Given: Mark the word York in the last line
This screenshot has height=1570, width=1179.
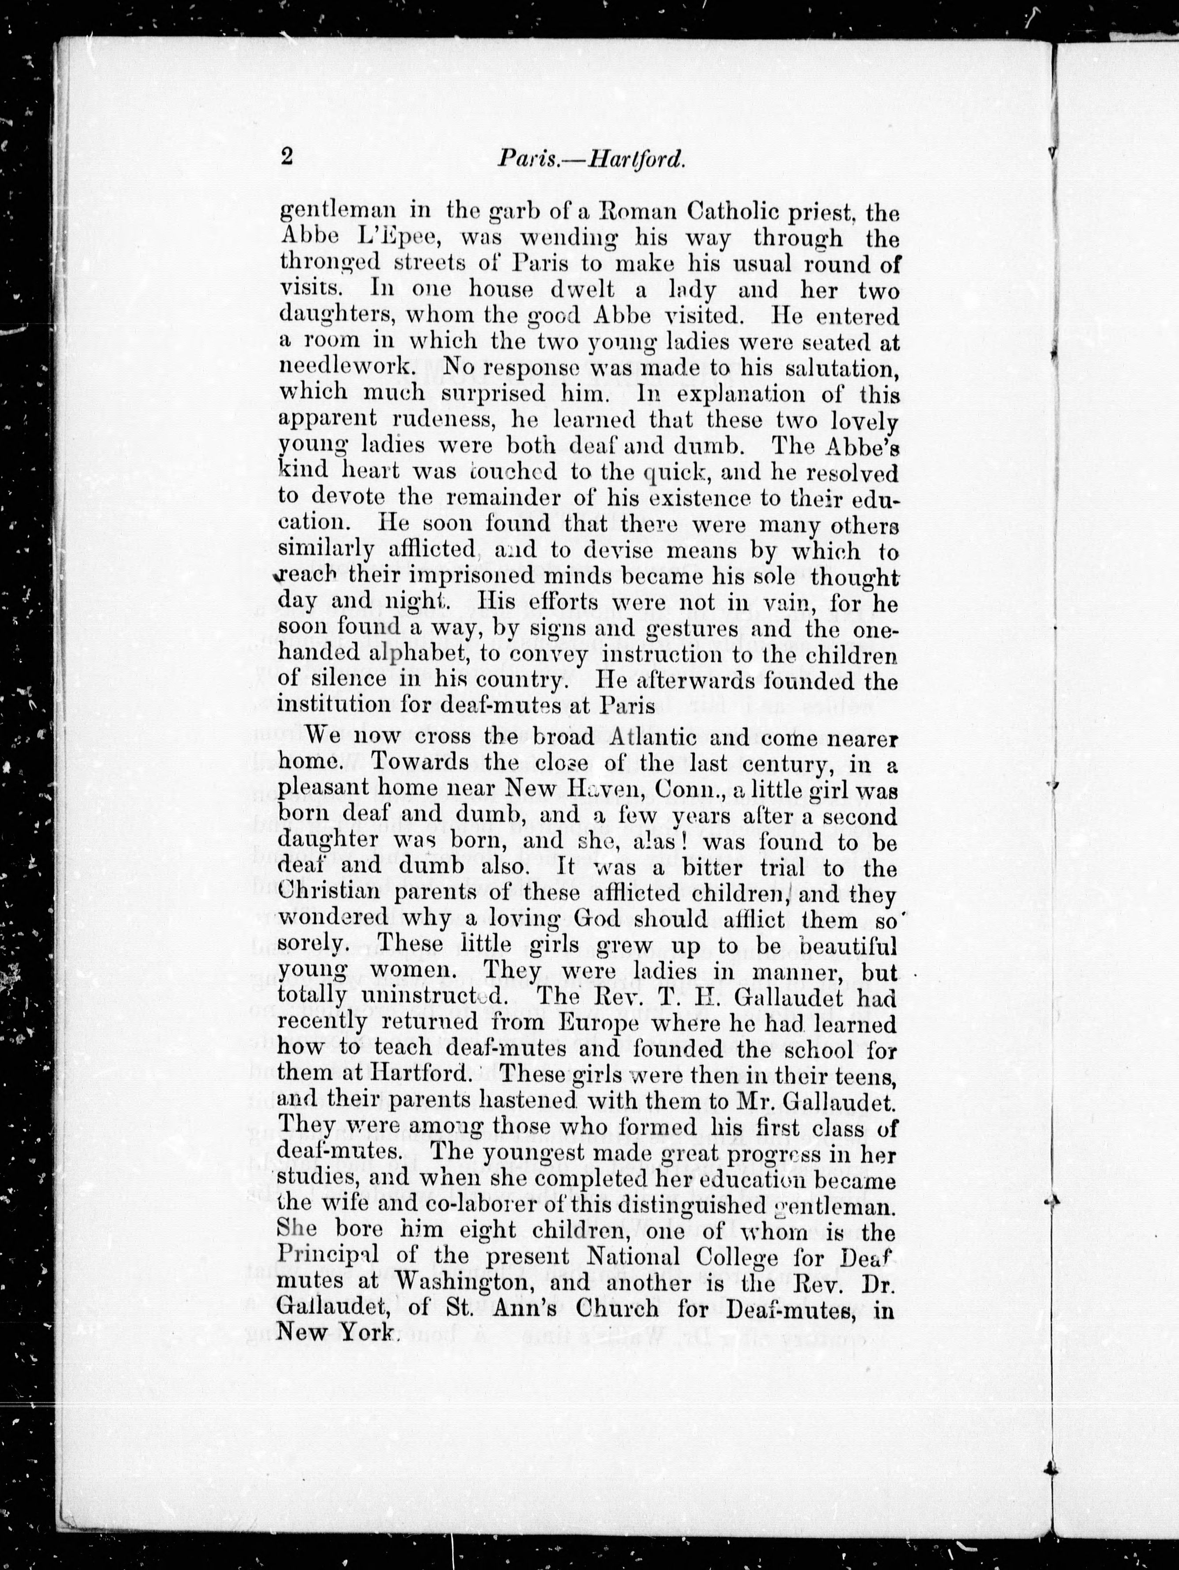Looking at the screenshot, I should (x=366, y=1334).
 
